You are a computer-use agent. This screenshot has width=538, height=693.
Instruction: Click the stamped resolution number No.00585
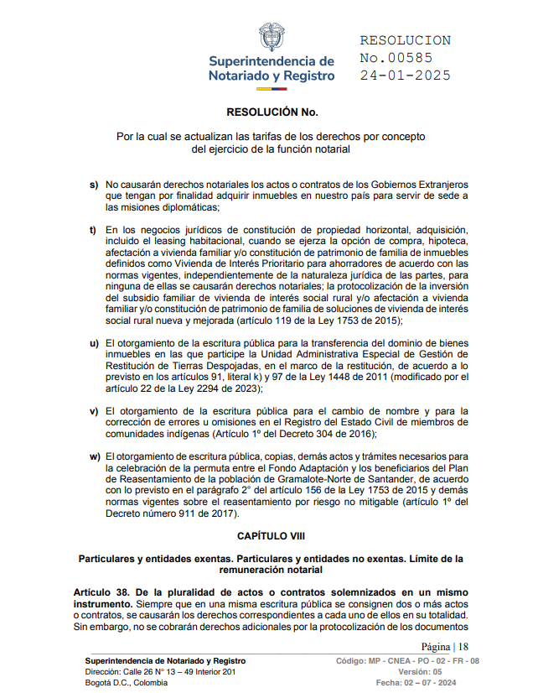(x=396, y=58)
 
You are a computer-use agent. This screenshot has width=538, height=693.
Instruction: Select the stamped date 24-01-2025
(x=406, y=76)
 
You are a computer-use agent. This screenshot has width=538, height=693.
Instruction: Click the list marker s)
(x=94, y=184)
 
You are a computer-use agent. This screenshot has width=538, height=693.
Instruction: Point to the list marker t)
(x=94, y=230)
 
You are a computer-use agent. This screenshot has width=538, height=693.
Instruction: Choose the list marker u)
(x=94, y=344)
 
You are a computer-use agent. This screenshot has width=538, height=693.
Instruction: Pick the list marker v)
(x=94, y=410)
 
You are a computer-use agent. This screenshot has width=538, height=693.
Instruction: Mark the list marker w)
(x=94, y=456)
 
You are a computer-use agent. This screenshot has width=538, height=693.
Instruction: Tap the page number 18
(x=463, y=646)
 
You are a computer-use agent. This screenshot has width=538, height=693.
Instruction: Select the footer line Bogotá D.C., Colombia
(x=127, y=682)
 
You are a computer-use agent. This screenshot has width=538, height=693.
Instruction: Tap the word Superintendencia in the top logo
(x=271, y=61)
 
